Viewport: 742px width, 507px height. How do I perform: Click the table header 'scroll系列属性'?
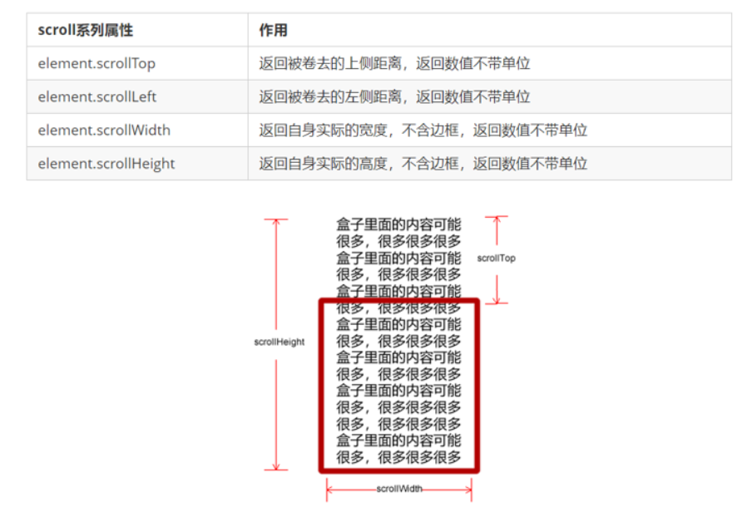pyautogui.click(x=85, y=30)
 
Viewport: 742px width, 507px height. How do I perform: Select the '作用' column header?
pyautogui.click(x=273, y=30)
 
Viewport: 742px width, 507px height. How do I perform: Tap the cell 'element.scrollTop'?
pyautogui.click(x=96, y=63)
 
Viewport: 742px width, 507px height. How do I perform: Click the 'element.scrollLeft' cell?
pyautogui.click(x=96, y=96)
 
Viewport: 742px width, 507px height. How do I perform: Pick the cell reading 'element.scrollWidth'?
pyautogui.click(x=104, y=130)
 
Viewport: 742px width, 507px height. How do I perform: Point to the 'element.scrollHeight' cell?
pyautogui.click(x=106, y=164)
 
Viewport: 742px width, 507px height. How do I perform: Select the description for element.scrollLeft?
pyautogui.click(x=394, y=96)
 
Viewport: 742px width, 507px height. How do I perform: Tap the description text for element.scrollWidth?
pyautogui.click(x=423, y=130)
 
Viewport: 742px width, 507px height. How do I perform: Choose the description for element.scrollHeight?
pyautogui.click(x=423, y=164)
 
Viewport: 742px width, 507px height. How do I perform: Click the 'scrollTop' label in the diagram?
pyautogui.click(x=496, y=258)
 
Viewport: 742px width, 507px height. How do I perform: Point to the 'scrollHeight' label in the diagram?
pyautogui.click(x=279, y=342)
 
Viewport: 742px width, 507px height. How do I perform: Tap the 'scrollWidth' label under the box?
pyautogui.click(x=399, y=490)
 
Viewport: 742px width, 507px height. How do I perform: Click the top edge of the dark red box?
pyautogui.click(x=399, y=302)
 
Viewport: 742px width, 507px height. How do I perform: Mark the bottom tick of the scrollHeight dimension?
pyautogui.click(x=276, y=470)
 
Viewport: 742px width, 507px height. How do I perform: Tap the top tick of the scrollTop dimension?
pyautogui.click(x=497, y=217)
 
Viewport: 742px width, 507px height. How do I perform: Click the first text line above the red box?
pyautogui.click(x=398, y=224)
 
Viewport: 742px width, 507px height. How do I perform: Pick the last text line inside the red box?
pyautogui.click(x=398, y=457)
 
